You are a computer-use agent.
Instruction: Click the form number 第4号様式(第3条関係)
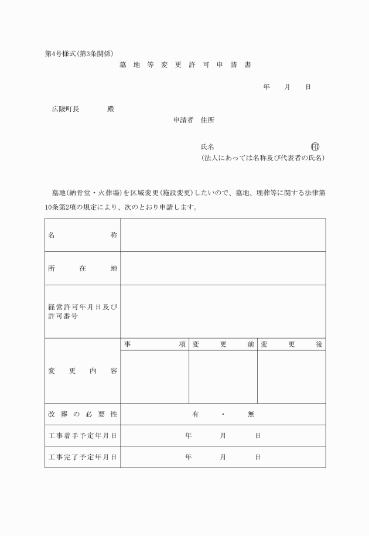click(x=83, y=53)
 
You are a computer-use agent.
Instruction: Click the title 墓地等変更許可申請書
click(x=184, y=65)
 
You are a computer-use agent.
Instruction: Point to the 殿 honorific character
click(x=111, y=109)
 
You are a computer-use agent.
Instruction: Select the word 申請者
click(x=183, y=120)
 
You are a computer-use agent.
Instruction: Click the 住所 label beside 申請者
click(x=207, y=120)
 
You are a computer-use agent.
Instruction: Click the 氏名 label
click(x=207, y=147)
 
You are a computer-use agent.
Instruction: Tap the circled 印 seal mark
click(x=315, y=146)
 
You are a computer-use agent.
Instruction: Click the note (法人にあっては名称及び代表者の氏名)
click(x=262, y=158)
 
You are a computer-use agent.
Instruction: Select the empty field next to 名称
click(x=223, y=235)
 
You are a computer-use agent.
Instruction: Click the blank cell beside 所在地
click(x=223, y=268)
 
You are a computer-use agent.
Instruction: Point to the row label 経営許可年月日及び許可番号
click(x=83, y=312)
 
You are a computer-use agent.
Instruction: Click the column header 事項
click(x=155, y=344)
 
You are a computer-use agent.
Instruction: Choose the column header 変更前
click(x=223, y=344)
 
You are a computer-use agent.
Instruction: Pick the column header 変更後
click(x=292, y=344)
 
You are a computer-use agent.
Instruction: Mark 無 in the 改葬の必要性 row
click(x=251, y=414)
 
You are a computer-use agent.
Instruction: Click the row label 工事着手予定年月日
click(x=83, y=436)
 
